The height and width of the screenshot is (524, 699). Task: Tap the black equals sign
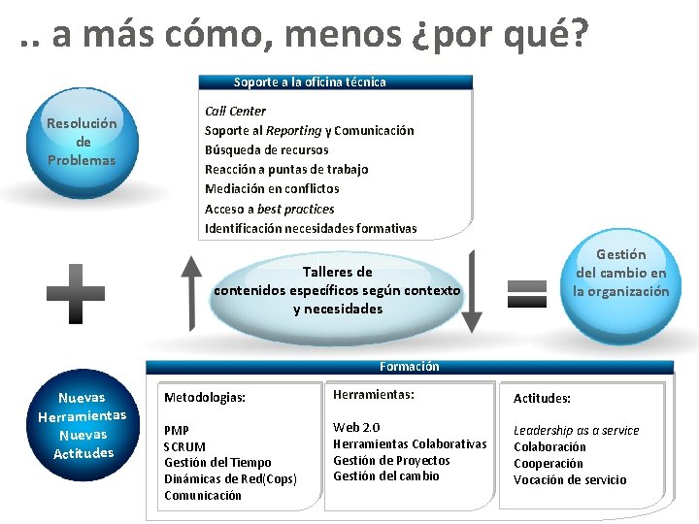tap(527, 291)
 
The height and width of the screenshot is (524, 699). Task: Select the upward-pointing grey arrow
tap(192, 291)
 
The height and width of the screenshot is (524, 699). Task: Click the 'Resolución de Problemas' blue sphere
tap(82, 142)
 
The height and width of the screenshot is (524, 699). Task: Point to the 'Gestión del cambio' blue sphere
tap(621, 273)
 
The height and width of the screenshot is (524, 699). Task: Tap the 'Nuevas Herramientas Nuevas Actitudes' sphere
tap(83, 425)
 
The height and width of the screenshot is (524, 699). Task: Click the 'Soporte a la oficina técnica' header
tap(310, 82)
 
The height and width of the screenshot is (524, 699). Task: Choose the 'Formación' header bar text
tap(410, 367)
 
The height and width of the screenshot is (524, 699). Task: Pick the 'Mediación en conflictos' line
tap(272, 189)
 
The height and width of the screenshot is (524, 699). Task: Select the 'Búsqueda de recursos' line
tap(266, 150)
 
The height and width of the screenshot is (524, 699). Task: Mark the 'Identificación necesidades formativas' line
tap(311, 229)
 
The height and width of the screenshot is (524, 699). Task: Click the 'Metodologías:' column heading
tap(205, 398)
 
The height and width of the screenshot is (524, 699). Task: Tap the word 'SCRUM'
tap(184, 446)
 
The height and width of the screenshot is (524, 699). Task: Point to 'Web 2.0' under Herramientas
tap(356, 428)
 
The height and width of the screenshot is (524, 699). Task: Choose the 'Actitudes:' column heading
tap(542, 398)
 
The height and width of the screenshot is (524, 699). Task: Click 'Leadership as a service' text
tap(576, 431)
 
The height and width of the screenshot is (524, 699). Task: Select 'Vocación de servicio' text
tap(570, 479)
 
